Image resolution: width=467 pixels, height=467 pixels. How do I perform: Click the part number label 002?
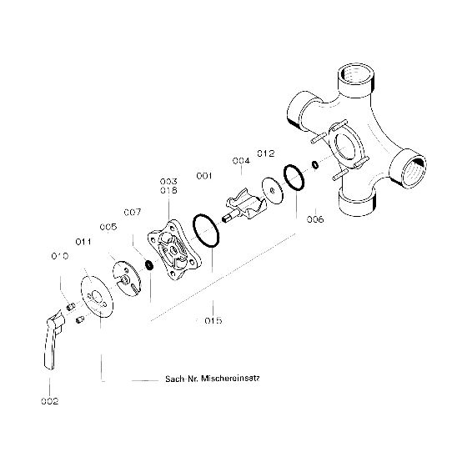50,401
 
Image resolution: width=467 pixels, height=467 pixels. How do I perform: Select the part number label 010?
60,256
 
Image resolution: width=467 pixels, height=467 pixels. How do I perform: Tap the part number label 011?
83,242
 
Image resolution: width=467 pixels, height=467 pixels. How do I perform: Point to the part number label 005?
108,227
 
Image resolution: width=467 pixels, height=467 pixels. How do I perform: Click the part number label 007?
133,213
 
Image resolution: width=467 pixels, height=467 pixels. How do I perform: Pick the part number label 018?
168,190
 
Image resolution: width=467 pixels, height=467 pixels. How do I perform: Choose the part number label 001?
204,176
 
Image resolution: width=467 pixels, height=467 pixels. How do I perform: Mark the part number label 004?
241,161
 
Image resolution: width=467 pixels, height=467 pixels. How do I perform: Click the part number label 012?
266,153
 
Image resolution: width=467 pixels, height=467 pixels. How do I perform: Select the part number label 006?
315,219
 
